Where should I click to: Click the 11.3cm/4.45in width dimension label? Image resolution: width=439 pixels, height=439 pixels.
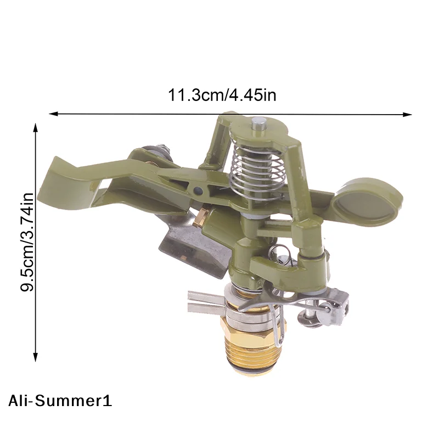(x=222, y=95)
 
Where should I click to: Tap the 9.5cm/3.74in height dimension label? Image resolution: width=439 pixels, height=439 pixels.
(x=27, y=242)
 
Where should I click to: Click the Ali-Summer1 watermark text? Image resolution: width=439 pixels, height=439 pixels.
(x=60, y=401)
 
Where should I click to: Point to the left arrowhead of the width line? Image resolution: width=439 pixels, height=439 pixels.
(x=53, y=114)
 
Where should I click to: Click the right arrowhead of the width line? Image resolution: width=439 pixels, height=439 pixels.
(x=407, y=114)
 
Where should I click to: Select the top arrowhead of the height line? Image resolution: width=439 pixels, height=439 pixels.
(x=35, y=127)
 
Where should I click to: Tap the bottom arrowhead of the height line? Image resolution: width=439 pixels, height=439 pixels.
(x=35, y=357)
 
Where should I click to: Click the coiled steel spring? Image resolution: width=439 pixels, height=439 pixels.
(x=257, y=170)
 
